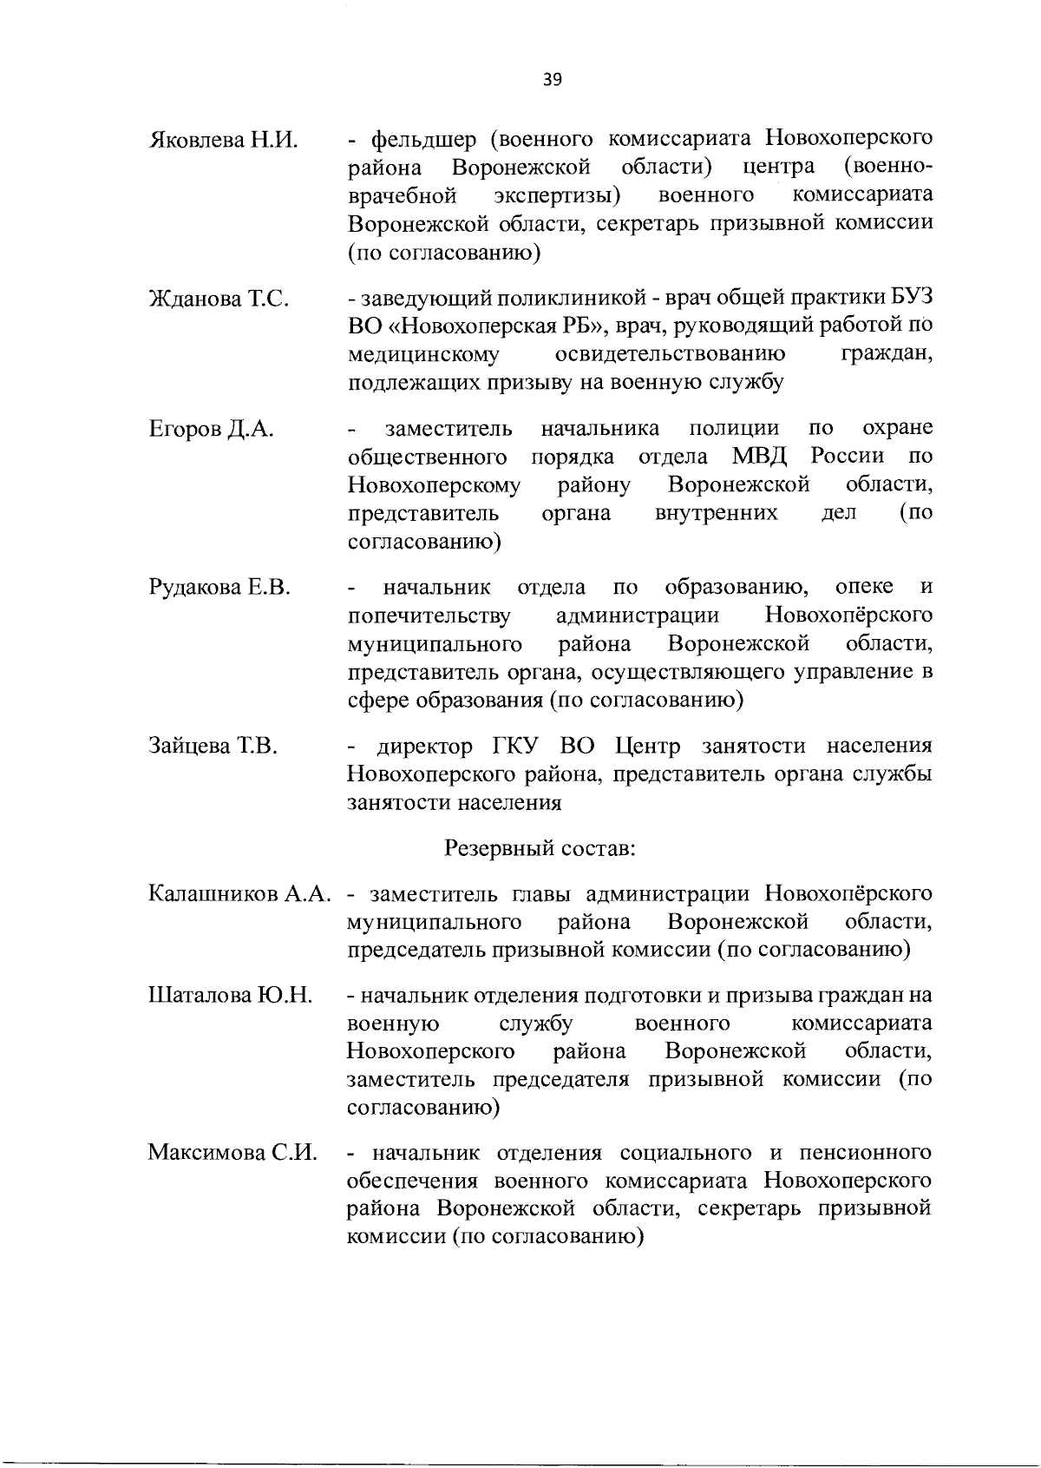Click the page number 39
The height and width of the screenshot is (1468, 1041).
(x=553, y=80)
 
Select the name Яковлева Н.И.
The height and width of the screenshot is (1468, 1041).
(x=224, y=139)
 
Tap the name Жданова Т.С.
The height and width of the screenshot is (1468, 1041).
(x=219, y=300)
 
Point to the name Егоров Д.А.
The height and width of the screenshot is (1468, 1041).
(x=212, y=429)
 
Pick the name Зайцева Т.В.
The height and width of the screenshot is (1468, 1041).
(x=213, y=747)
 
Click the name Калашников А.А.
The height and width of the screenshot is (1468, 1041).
(x=240, y=893)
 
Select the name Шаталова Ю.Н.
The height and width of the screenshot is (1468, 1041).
(x=230, y=995)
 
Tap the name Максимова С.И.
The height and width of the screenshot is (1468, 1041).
(x=232, y=1154)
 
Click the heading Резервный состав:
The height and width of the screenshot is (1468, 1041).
(x=540, y=847)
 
